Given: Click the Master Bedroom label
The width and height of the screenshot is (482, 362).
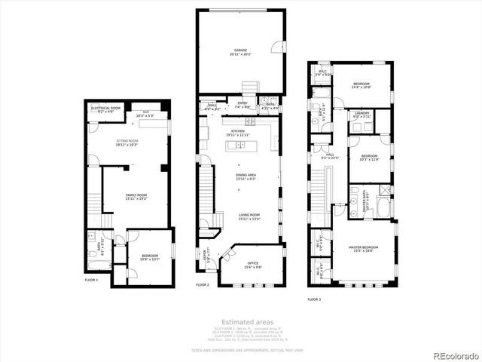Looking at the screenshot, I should click(x=363, y=247).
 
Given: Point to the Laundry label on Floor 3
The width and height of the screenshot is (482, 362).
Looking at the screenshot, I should click(x=361, y=115).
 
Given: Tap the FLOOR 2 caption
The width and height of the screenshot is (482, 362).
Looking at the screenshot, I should click(x=203, y=285).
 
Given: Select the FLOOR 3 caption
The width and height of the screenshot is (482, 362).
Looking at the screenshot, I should click(x=314, y=299).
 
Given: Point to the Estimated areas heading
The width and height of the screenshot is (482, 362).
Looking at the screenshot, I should click(x=240, y=323).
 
